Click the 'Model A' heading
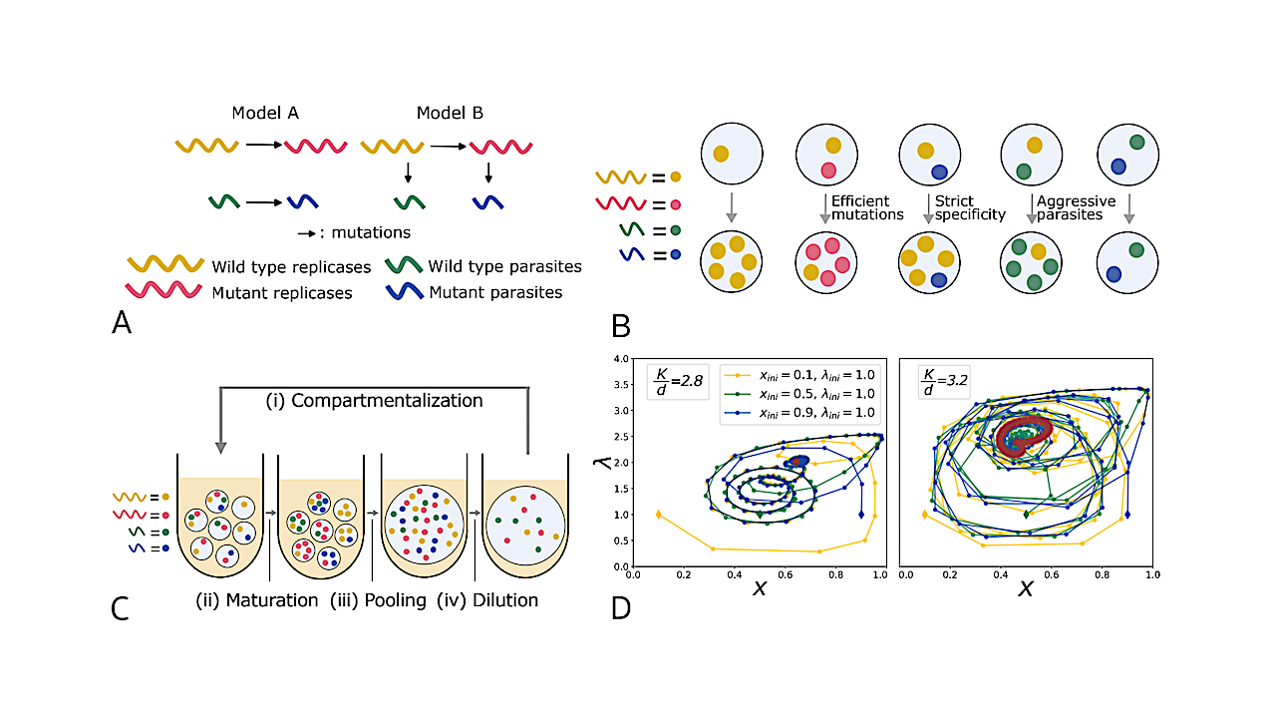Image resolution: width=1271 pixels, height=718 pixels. coord(265,113)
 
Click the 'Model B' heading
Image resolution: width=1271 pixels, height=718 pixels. coord(450,113)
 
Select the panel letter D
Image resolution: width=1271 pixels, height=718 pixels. coord(620,606)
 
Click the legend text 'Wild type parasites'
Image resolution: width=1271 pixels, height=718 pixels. coord(504,266)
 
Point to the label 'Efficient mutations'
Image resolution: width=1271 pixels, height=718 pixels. coord(866,207)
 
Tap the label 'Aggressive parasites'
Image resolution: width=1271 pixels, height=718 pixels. coord(1078,207)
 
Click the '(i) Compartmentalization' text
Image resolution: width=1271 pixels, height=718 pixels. coord(374,400)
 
